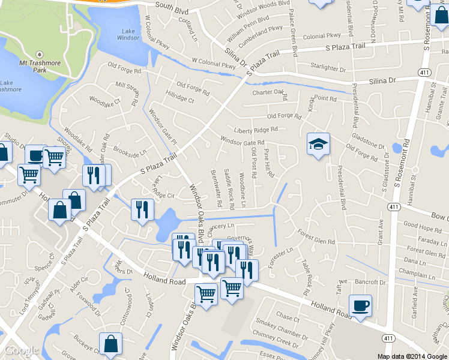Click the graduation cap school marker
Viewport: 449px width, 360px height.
[318, 145]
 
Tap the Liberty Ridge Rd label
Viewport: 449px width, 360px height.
[256, 130]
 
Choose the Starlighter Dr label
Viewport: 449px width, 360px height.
[328, 67]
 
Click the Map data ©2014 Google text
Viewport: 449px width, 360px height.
[412, 356]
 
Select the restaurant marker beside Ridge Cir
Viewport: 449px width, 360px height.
[142, 209]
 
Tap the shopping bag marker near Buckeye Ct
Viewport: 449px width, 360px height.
[110, 344]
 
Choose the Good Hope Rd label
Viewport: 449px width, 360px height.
[422, 226]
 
